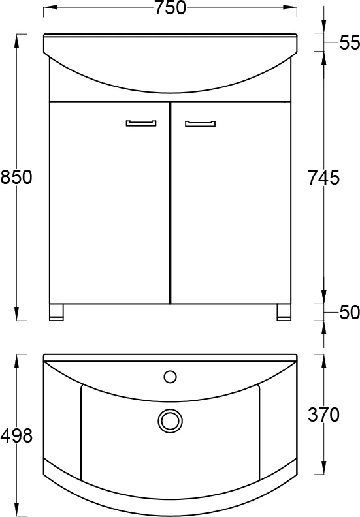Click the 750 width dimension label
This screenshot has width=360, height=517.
171,8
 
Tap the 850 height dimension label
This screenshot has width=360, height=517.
16,177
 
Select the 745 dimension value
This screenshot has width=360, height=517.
323,178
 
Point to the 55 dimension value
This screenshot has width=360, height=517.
350,42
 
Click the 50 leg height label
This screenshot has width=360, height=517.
350,312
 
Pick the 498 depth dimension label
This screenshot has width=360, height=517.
16,435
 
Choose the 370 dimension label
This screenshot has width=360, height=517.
323,415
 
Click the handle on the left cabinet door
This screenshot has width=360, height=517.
141,123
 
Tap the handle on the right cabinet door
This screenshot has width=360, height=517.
201,123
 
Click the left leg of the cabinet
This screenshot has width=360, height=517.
56,312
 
